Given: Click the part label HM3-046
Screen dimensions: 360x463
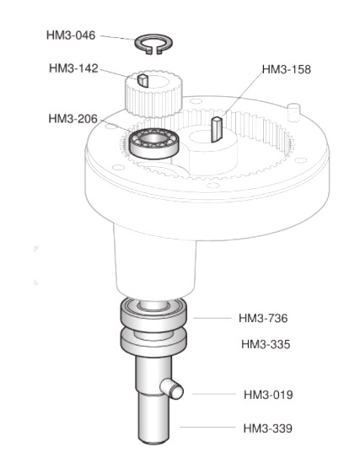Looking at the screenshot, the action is (x=71, y=35).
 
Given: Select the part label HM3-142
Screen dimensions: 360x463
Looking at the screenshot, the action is (x=73, y=68).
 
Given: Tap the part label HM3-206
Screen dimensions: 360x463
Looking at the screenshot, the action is (x=73, y=119).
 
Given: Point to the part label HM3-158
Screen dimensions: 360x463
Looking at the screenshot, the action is (x=287, y=69).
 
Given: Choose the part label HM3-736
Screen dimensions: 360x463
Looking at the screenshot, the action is (x=263, y=318).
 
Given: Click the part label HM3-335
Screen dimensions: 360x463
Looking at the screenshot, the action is (x=266, y=344).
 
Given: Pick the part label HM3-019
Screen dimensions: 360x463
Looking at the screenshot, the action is (x=268, y=395).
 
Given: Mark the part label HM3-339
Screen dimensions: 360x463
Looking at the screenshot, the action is (x=268, y=428).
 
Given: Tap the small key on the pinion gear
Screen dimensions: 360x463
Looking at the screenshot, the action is (x=142, y=81).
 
